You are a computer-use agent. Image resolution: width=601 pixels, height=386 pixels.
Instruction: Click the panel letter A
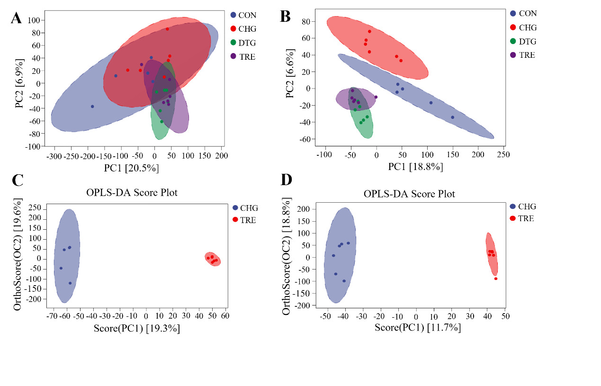(16, 18)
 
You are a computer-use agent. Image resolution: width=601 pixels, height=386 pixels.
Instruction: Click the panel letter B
(285, 17)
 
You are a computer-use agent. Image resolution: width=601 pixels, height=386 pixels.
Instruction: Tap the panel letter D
(287, 180)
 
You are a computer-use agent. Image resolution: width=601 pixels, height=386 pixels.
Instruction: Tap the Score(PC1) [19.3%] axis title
(137, 328)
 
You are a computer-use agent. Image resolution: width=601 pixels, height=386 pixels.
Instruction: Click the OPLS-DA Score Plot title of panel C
(132, 193)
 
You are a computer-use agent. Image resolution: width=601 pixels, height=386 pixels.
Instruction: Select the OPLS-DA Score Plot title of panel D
(409, 194)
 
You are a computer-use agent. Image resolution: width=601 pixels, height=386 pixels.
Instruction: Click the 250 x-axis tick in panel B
(503, 154)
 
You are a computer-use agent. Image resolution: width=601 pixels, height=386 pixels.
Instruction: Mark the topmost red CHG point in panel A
(167, 29)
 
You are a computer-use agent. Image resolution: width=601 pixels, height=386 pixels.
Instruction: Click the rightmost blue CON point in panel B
(452, 117)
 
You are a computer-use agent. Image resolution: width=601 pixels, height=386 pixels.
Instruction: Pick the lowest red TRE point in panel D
(496, 278)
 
